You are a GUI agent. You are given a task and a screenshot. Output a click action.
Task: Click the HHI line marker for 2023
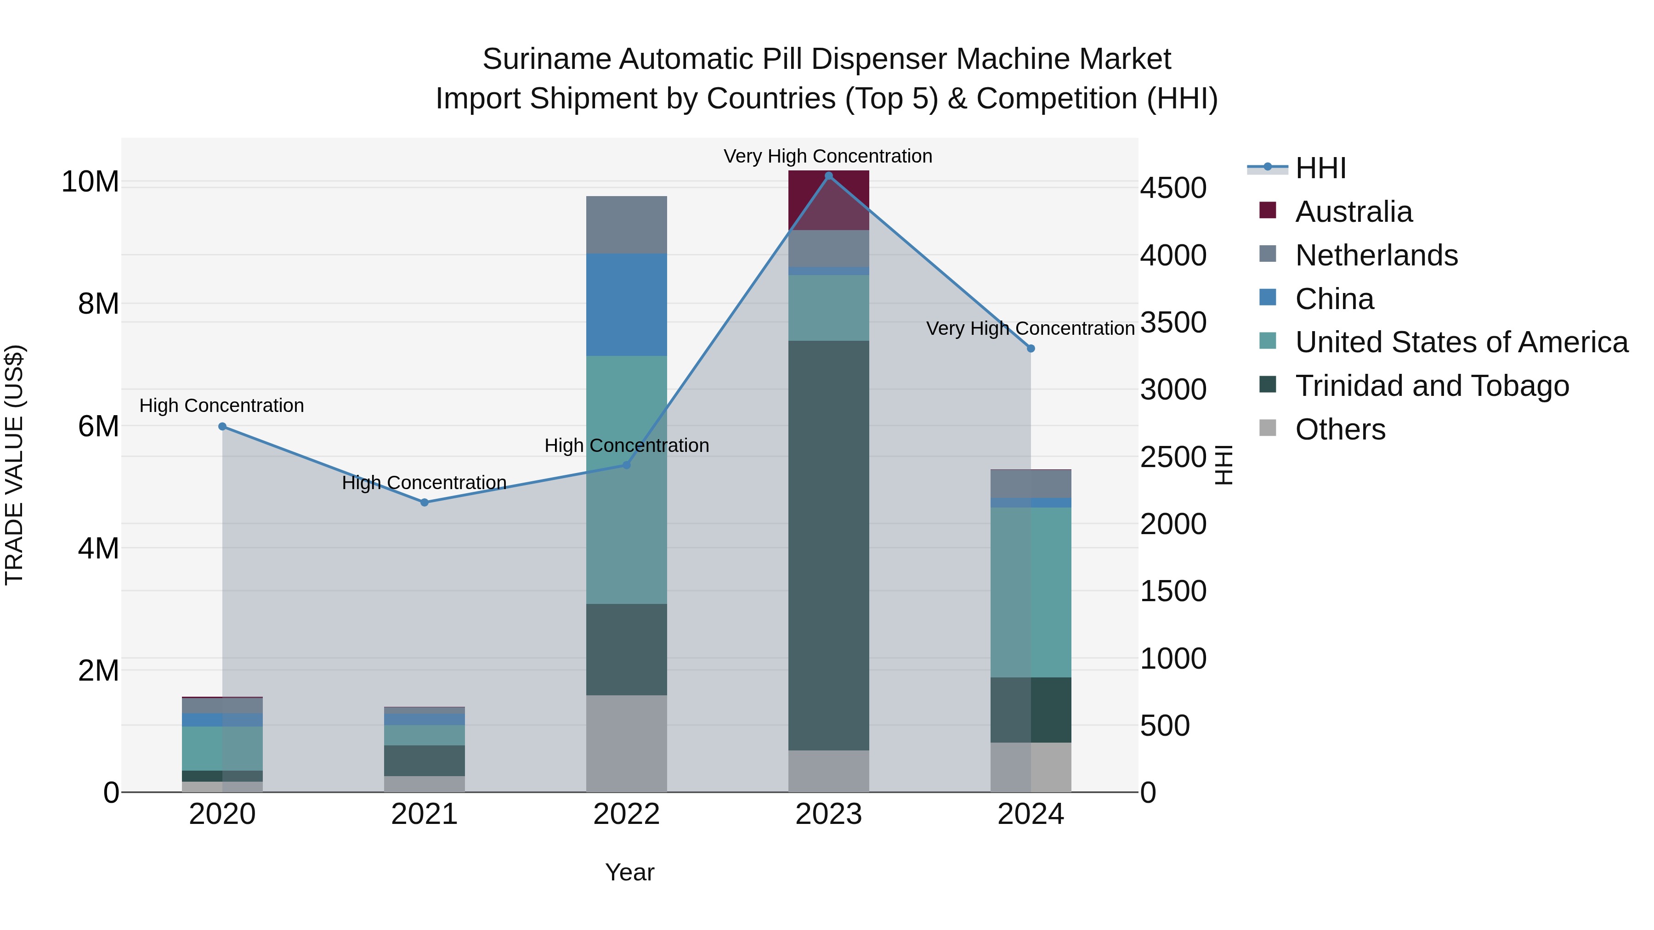(828, 176)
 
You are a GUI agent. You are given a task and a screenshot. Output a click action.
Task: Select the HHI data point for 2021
(425, 502)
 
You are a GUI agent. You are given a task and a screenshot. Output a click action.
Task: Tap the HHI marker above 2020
(222, 426)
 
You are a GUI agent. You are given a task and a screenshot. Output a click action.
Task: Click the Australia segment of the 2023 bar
(828, 200)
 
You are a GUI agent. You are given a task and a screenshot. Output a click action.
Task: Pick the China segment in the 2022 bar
(626, 305)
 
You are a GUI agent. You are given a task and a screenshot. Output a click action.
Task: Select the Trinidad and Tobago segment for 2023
(828, 546)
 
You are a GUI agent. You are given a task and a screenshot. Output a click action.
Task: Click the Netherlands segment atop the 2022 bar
(626, 225)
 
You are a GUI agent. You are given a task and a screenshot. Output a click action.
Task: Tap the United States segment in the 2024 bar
(1031, 592)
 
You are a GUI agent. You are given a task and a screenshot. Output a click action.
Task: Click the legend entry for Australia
(1354, 212)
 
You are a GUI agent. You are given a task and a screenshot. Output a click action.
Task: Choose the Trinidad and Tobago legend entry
(1432, 386)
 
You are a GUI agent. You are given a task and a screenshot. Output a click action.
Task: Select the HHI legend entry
(1320, 168)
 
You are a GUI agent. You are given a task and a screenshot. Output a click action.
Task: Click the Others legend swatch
(1268, 428)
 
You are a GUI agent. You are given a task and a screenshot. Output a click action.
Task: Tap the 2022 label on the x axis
(626, 814)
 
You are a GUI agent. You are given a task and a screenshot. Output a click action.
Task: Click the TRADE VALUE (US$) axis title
(14, 465)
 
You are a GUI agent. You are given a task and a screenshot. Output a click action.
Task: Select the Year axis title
(629, 872)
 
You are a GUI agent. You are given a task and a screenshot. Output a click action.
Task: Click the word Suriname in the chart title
(546, 59)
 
